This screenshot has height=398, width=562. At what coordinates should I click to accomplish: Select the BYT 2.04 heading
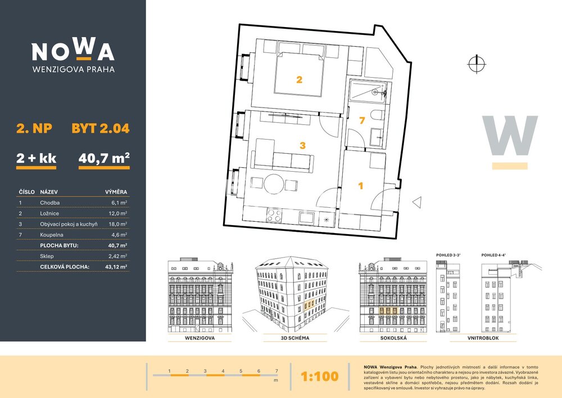pyautogui.click(x=101, y=128)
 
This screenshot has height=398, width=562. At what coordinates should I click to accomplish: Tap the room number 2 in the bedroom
pyautogui.click(x=300, y=80)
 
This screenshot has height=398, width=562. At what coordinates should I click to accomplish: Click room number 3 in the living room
pyautogui.click(x=302, y=145)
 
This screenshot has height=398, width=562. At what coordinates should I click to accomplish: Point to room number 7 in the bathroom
pyautogui.click(x=362, y=120)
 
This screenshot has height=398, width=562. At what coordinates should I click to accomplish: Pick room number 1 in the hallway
pyautogui.click(x=361, y=186)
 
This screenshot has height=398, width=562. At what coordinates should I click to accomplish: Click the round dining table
pyautogui.click(x=274, y=184)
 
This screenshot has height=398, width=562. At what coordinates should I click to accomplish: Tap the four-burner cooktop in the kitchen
pyautogui.click(x=274, y=215)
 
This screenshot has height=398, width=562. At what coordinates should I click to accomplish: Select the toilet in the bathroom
pyautogui.click(x=378, y=115)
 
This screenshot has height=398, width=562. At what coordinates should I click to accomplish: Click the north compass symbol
pyautogui.click(x=477, y=64)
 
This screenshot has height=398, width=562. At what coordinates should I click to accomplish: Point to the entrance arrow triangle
pyautogui.click(x=417, y=203)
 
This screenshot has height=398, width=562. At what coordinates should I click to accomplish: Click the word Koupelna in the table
pyautogui.click(x=52, y=235)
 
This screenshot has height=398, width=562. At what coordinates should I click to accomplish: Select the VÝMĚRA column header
pyautogui.click(x=116, y=191)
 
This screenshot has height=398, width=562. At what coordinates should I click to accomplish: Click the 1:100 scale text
pyautogui.click(x=319, y=376)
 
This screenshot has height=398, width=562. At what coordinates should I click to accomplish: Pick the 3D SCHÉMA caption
pyautogui.click(x=295, y=338)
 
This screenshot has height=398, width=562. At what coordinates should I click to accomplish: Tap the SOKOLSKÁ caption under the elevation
pyautogui.click(x=393, y=338)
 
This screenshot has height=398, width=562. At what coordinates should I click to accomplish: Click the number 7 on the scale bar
pyautogui.click(x=277, y=371)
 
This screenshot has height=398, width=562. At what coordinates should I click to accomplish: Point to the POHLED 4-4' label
pyautogui.click(x=493, y=255)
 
